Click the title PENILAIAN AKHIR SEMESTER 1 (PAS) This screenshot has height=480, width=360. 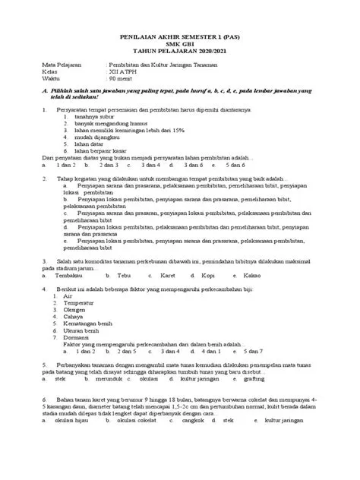click(x=179, y=36)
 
